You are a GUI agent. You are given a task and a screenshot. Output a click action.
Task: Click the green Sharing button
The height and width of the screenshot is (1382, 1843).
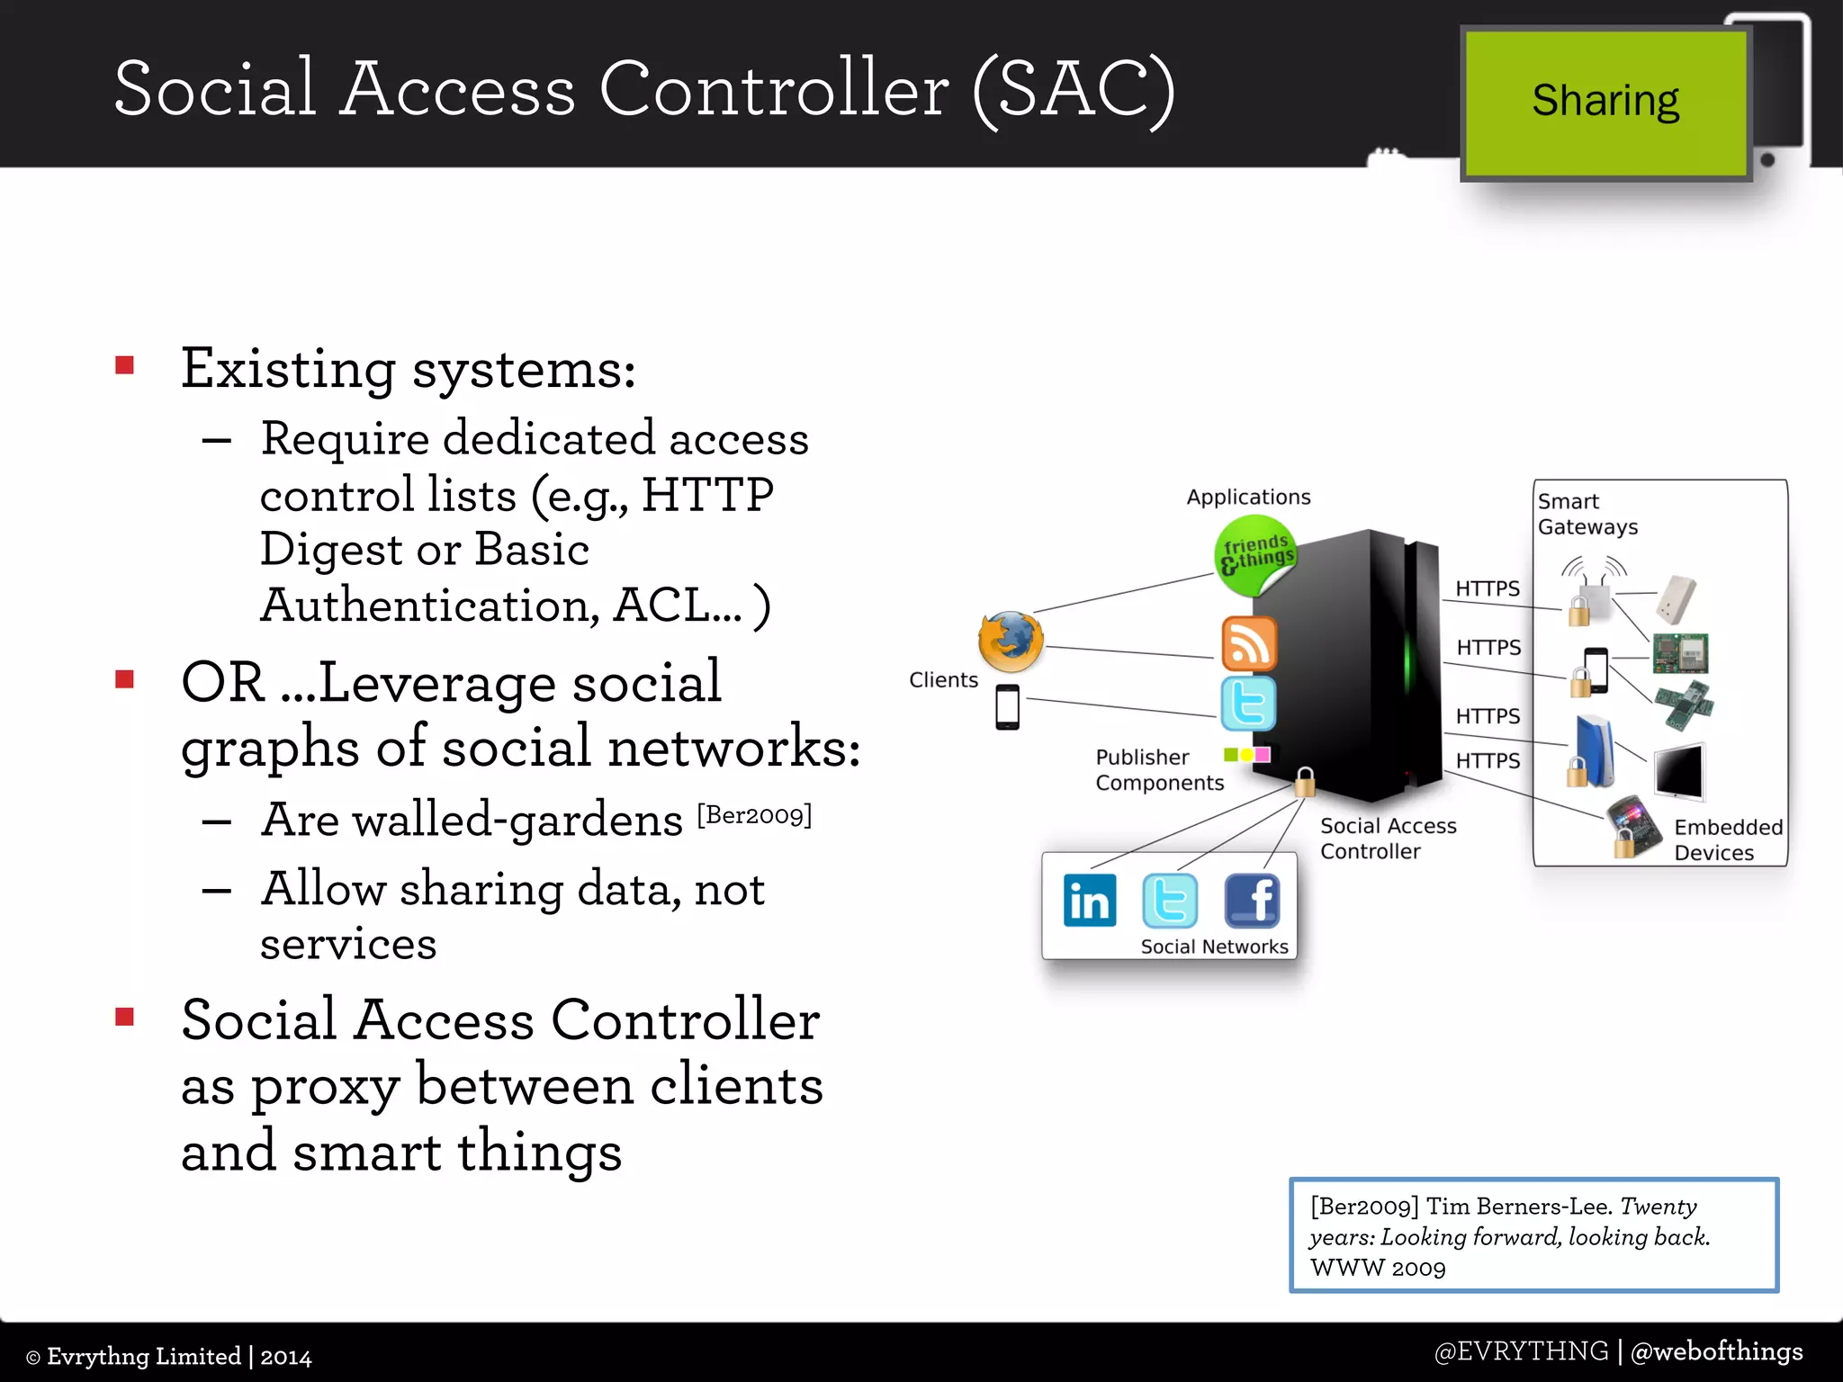[x=1605, y=102]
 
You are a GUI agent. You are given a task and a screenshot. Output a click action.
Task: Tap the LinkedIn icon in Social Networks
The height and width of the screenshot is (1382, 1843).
[x=1089, y=901]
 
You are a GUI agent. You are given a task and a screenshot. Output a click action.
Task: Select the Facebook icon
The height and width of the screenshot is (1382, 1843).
[x=1252, y=901]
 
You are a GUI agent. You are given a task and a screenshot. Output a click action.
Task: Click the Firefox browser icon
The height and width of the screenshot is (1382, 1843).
[x=1011, y=642]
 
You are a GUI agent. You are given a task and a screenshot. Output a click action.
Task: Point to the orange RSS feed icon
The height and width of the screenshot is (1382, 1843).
[x=1248, y=644]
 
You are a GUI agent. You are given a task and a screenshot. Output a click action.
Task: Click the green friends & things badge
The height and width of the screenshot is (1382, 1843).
[x=1255, y=554]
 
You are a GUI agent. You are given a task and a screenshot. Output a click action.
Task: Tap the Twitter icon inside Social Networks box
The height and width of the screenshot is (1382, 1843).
[x=1169, y=901]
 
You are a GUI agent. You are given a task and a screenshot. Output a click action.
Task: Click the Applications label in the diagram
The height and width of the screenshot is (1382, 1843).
[x=1248, y=498]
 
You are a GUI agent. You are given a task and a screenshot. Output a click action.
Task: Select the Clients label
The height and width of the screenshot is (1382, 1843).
[x=942, y=680]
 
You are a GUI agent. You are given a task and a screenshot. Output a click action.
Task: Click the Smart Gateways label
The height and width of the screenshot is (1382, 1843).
[x=1587, y=514]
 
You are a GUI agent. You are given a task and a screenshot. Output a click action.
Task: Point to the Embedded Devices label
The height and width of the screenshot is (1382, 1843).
[x=1727, y=839]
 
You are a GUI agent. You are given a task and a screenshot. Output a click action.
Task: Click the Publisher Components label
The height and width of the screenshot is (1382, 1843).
[x=1159, y=770]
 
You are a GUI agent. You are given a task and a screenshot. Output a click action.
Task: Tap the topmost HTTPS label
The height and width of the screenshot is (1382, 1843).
[x=1487, y=589]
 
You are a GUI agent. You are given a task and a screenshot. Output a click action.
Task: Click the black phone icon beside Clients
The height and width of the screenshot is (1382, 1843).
[x=1007, y=707]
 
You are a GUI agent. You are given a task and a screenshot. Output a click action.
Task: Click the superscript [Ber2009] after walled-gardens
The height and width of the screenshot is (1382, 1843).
[x=754, y=815]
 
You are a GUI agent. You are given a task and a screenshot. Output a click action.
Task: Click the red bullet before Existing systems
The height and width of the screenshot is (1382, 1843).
[x=125, y=365]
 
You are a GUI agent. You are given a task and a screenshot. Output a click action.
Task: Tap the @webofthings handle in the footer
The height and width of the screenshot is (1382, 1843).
[x=1716, y=1351]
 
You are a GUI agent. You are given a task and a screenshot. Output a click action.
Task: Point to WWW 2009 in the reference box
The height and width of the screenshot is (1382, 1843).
[x=1377, y=1269]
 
